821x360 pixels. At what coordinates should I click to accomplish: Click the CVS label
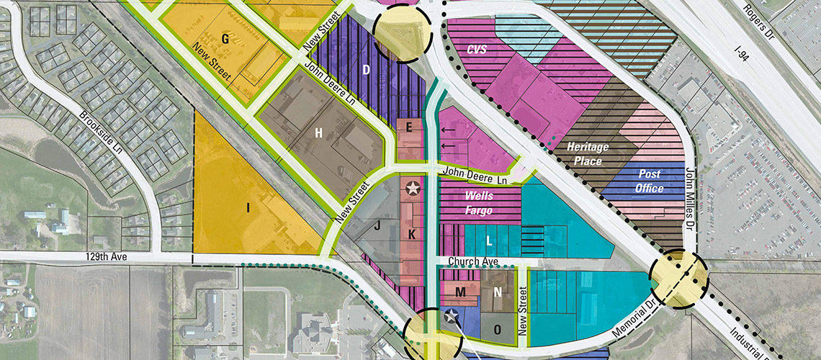(x=476, y=50)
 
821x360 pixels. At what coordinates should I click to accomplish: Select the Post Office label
(x=650, y=181)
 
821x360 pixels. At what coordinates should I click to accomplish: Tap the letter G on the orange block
(x=225, y=40)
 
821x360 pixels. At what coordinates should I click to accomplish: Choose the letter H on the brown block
(x=318, y=132)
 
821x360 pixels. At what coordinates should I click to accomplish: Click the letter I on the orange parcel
(x=248, y=208)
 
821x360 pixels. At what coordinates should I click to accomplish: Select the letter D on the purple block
(x=366, y=70)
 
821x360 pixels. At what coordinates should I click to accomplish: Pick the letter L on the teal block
(x=489, y=238)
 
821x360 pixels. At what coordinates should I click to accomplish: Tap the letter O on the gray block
(x=497, y=328)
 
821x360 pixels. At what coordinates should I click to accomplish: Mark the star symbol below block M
(x=452, y=315)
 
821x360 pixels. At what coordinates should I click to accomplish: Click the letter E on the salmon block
(x=409, y=127)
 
